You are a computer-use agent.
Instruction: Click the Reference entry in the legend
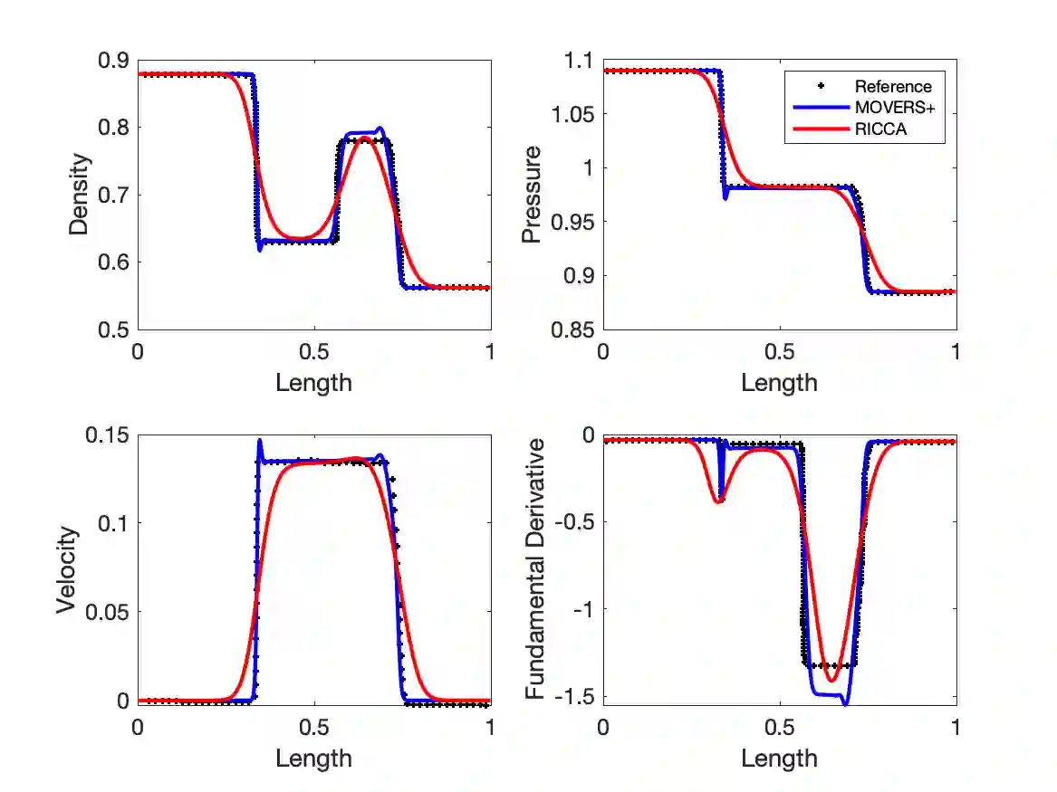(x=892, y=87)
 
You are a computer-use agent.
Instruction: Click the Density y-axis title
(x=80, y=195)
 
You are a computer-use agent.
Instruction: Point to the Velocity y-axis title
(x=67, y=570)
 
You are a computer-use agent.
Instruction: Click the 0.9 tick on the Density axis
(x=113, y=61)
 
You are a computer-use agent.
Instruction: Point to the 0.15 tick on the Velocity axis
(x=107, y=435)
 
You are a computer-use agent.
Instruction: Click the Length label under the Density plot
(x=313, y=383)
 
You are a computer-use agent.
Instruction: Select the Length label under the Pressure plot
(x=779, y=383)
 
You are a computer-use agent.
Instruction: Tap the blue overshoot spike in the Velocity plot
(x=260, y=442)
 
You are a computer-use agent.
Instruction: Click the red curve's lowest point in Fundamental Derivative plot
(x=831, y=680)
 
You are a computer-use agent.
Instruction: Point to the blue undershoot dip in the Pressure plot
(x=725, y=196)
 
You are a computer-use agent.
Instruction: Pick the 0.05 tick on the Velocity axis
(x=107, y=612)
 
